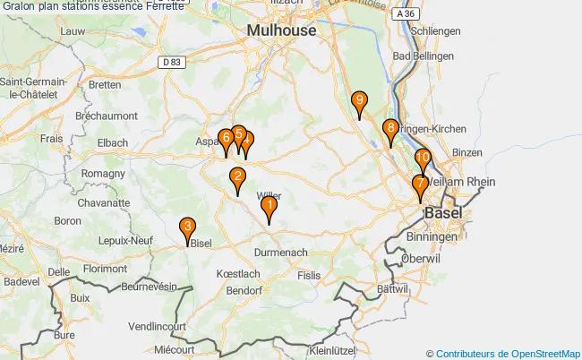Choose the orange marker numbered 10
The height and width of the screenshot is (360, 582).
(423, 159)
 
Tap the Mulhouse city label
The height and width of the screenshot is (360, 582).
(281, 30)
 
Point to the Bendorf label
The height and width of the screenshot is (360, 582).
(244, 291)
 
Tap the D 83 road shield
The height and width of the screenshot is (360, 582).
(174, 61)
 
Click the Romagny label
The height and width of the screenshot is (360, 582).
(103, 173)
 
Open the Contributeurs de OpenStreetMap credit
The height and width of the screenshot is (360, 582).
(509, 353)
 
